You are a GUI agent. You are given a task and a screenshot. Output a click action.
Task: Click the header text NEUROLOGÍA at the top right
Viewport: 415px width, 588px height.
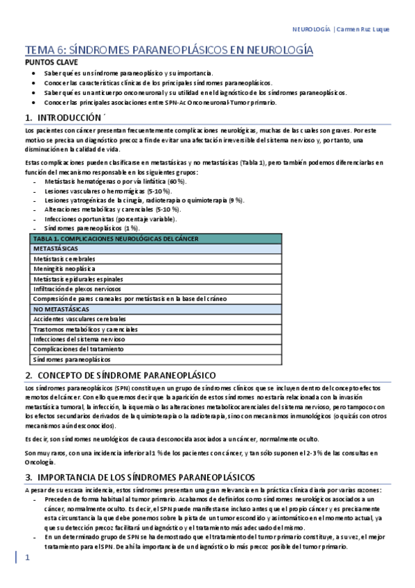(312, 31)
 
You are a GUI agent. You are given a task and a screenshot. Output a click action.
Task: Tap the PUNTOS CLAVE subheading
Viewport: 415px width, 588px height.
(51, 62)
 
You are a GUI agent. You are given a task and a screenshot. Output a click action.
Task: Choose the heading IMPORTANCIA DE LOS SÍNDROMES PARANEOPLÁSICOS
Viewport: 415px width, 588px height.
(145, 458)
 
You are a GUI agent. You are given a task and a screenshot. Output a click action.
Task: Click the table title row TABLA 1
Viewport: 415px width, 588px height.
(116, 239)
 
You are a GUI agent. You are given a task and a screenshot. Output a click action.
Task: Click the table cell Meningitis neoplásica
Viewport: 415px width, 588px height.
(64, 268)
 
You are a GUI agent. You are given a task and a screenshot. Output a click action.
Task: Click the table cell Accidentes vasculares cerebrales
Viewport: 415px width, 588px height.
(80, 319)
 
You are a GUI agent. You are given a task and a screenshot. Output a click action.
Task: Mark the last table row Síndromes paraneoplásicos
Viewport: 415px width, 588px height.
(71, 359)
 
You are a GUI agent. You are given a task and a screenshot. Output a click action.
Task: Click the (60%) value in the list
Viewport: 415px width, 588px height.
(177, 180)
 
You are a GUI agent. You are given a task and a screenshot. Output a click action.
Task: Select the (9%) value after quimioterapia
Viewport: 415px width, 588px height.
(236, 200)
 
